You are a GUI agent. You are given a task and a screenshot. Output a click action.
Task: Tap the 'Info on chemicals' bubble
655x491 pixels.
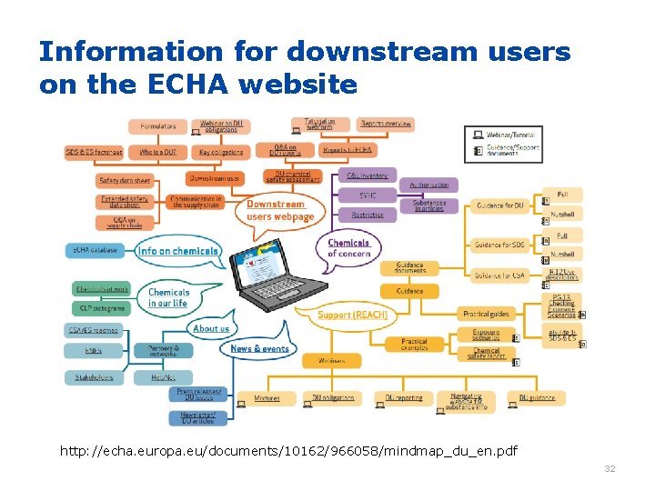[177, 250]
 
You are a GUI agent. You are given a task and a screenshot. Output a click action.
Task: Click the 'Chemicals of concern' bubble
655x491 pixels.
[348, 248]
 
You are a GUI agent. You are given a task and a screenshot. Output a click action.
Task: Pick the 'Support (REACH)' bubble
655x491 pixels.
[353, 315]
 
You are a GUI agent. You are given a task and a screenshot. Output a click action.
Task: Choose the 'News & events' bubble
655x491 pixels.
[259, 348]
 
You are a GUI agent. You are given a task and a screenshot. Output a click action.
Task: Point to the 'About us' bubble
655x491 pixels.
[211, 328]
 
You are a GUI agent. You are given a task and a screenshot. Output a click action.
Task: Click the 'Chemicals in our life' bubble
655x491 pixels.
[169, 297]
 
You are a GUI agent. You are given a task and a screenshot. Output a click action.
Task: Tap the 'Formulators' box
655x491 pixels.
[157, 126]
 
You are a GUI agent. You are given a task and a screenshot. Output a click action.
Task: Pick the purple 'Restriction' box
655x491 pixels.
[368, 215]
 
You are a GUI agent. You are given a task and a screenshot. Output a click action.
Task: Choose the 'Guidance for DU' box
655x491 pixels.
[501, 205]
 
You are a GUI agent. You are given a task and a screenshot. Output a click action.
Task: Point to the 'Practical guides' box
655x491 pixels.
[486, 314]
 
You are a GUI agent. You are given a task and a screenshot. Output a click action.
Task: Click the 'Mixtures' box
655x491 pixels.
[267, 398]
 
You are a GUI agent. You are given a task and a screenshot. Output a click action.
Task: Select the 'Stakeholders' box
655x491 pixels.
[94, 376]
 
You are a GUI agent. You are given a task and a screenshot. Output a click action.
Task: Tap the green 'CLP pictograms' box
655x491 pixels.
[101, 308]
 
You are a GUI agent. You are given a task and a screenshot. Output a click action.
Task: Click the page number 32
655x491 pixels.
[610, 469]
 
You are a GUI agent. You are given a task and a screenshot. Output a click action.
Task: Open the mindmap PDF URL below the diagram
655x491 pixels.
[288, 451]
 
